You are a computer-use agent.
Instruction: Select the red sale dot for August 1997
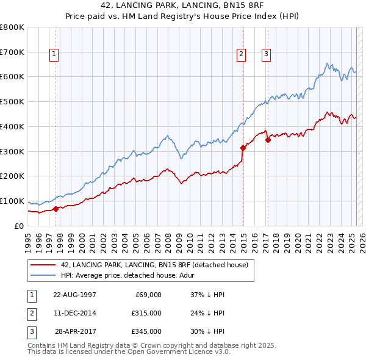56,208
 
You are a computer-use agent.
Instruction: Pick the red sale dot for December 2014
243,147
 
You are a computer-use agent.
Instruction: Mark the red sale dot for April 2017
268,140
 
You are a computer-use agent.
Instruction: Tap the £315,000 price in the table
146,313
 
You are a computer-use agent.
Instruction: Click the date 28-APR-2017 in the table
75,331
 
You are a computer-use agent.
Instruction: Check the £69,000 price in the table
148,295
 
